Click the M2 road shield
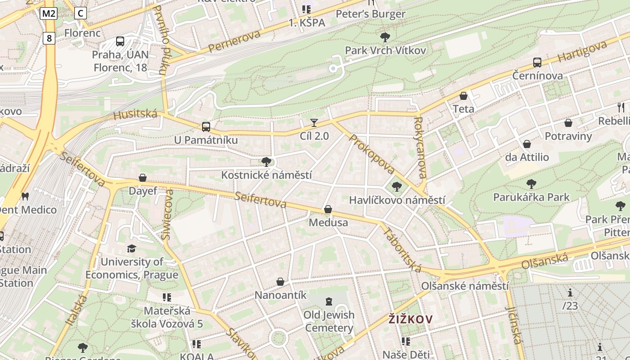[48, 13]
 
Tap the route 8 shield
[49, 38]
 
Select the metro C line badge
[80, 13]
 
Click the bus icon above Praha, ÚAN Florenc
[120, 41]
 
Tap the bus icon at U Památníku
[206, 127]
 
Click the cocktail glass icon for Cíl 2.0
[314, 122]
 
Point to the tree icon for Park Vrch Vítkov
[385, 37]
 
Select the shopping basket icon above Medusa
[328, 209]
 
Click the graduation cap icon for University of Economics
[131, 248]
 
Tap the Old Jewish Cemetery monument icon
[329, 301]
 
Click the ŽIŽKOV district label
[410, 319]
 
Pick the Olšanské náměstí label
[465, 286]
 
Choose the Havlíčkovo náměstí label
[397, 200]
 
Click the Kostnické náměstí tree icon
[266, 162]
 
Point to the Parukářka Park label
[531, 197]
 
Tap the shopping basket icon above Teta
[463, 96]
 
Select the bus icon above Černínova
[537, 63]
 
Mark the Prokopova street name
[372, 154]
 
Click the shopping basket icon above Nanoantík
[280, 282]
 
